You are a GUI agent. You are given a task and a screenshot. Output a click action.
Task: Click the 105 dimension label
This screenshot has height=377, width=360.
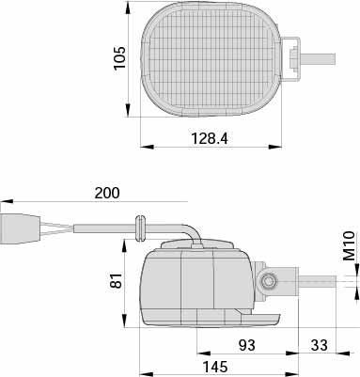[119, 58]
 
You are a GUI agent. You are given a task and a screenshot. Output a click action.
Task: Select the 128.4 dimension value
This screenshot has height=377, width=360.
[210, 138]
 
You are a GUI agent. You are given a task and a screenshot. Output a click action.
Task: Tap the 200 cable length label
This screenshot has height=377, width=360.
[107, 193]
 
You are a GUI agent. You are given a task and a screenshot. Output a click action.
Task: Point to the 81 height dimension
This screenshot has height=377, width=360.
[116, 281]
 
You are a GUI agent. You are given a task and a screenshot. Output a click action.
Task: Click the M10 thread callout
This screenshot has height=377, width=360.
[349, 246]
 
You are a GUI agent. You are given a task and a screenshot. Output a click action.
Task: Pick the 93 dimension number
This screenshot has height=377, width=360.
[247, 345]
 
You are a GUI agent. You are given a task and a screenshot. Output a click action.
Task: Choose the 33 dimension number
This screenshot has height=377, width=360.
[320, 345]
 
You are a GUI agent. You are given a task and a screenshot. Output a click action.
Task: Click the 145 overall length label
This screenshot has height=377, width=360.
[215, 367]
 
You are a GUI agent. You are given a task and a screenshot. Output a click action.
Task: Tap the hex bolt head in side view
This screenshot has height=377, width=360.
[267, 281]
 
